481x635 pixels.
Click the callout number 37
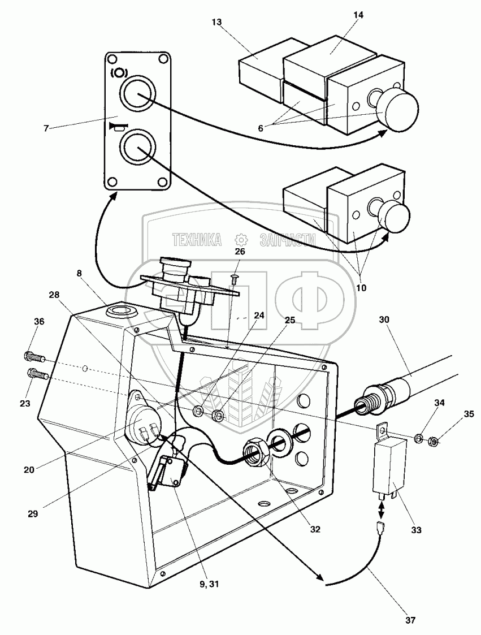(x=410, y=620)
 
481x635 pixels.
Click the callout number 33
(x=415, y=530)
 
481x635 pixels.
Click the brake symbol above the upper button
(x=119, y=72)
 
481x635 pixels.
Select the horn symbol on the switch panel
(x=118, y=126)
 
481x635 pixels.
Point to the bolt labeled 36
(x=34, y=357)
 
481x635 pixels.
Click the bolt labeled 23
(x=37, y=373)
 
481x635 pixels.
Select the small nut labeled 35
(x=431, y=440)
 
